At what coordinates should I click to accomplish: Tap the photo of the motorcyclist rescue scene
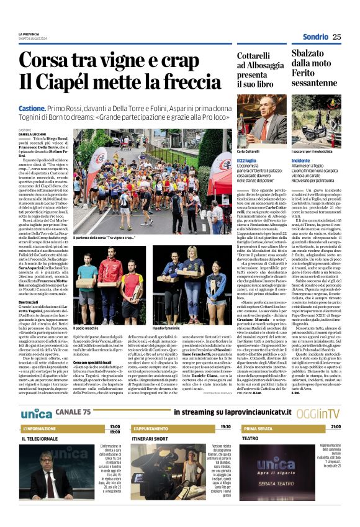pyautogui.click(x=316, y=122)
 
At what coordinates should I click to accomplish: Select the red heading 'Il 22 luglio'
pyautogui.click(x=247, y=160)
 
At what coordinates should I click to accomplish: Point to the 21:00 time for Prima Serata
pyautogui.click(x=335, y=410)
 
